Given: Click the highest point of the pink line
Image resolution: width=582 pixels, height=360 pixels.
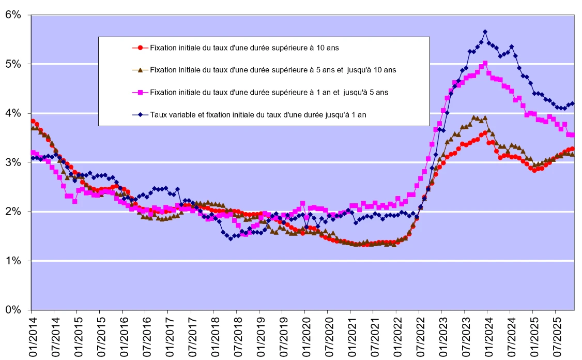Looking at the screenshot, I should click(485, 63).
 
